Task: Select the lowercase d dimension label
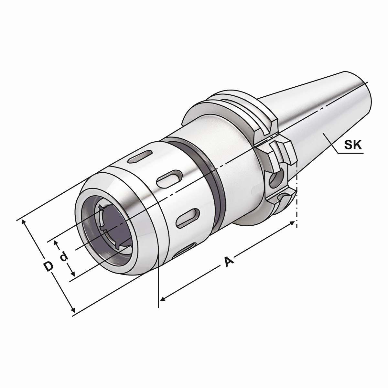click(x=64, y=257)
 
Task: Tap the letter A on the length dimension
click(x=229, y=262)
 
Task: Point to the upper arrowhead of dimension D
click(x=24, y=222)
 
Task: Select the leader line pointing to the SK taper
click(x=333, y=145)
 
